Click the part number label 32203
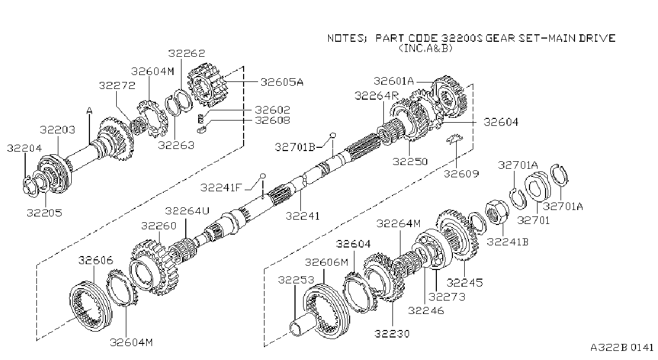(58, 130)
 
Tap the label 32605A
(282, 82)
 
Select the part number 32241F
(221, 187)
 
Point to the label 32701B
(295, 147)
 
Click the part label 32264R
(376, 95)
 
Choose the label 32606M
(327, 262)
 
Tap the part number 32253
(296, 280)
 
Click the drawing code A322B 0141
(622, 347)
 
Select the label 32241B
(508, 242)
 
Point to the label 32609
(461, 174)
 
